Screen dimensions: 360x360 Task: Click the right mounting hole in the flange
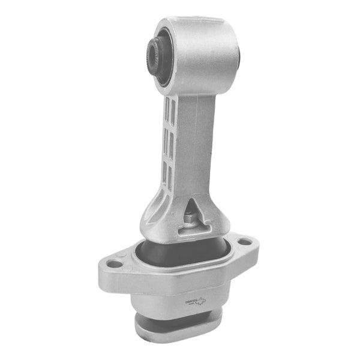(245, 242)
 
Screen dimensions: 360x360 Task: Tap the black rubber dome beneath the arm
(180, 252)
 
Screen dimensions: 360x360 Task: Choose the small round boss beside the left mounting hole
(124, 256)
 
